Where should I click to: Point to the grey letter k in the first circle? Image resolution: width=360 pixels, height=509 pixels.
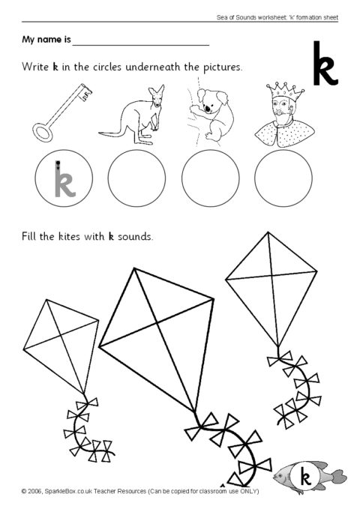pos(64,179)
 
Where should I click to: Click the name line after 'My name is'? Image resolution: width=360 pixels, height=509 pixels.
pos(141,46)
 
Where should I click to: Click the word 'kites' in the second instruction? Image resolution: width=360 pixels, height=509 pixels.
pos(69,236)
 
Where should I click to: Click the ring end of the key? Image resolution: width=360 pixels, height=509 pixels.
pos(42,133)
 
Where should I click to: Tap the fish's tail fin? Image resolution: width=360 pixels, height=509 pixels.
pos(338,477)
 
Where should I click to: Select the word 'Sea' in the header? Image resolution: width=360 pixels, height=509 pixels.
pos(222,17)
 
